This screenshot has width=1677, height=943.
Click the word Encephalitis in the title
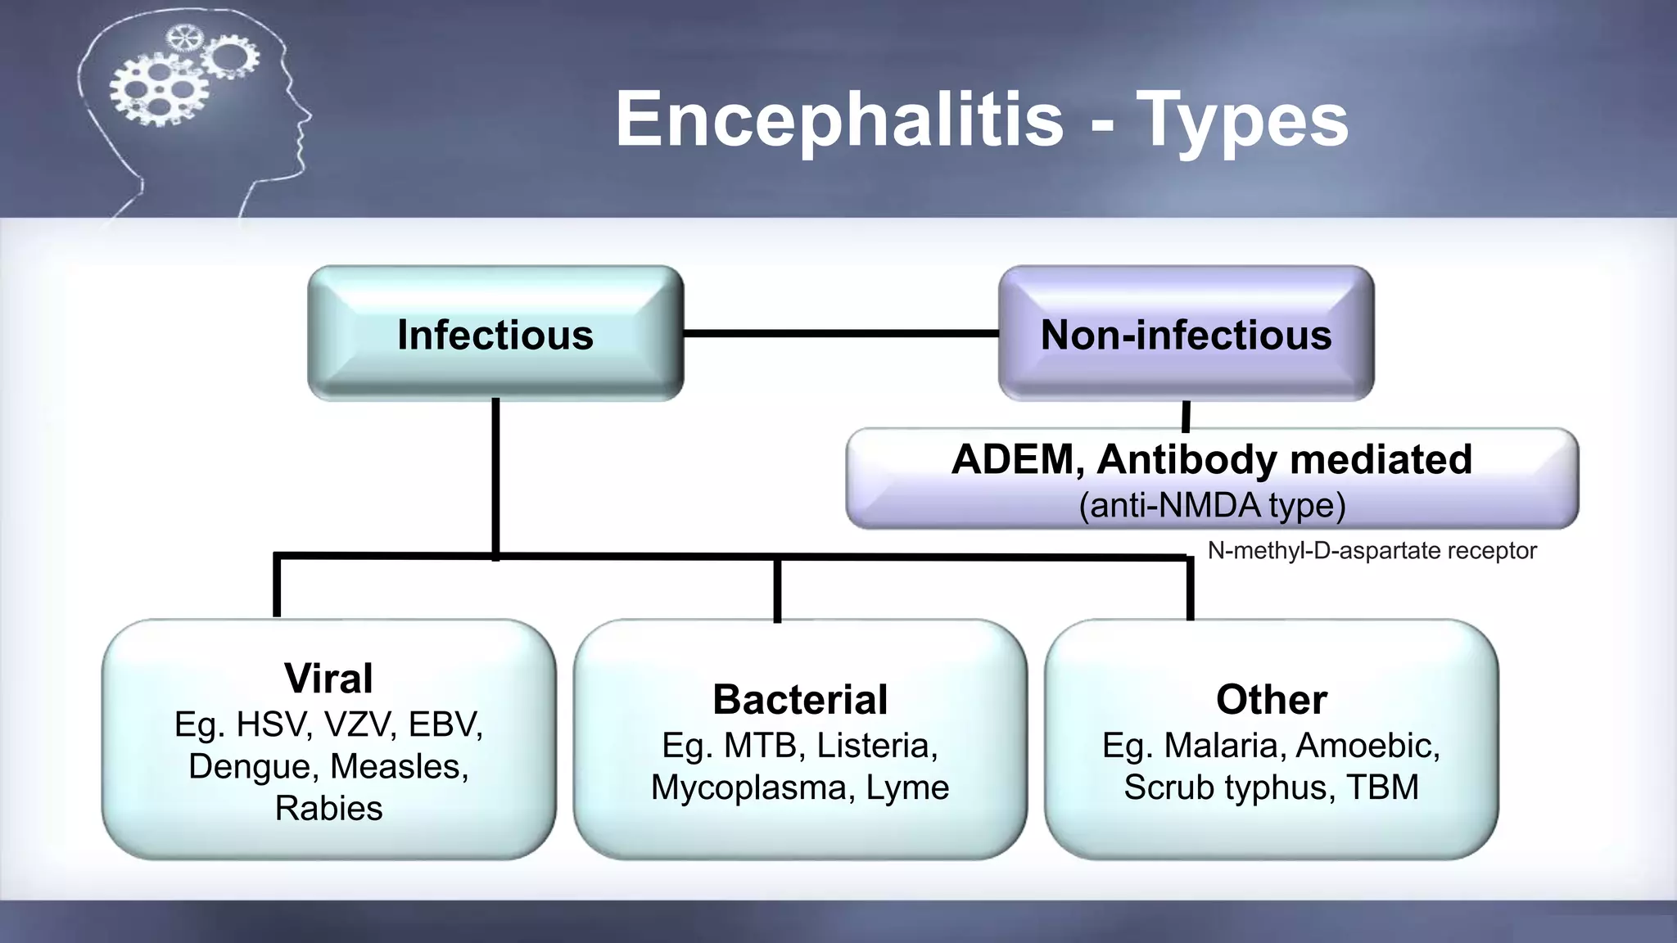click(839, 120)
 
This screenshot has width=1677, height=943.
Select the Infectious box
click(495, 334)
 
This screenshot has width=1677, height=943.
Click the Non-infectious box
click(1186, 334)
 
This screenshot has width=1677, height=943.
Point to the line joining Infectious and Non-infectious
click(841, 333)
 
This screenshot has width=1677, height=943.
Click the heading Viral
click(328, 678)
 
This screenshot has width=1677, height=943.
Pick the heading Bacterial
click(800, 699)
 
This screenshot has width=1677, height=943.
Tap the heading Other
click(1271, 699)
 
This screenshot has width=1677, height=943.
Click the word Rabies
click(328, 808)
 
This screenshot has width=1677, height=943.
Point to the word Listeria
click(876, 745)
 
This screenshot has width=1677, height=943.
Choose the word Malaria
click(1224, 745)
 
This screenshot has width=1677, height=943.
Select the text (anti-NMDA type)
click(1212, 505)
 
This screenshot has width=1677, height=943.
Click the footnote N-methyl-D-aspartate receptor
click(1372, 551)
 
